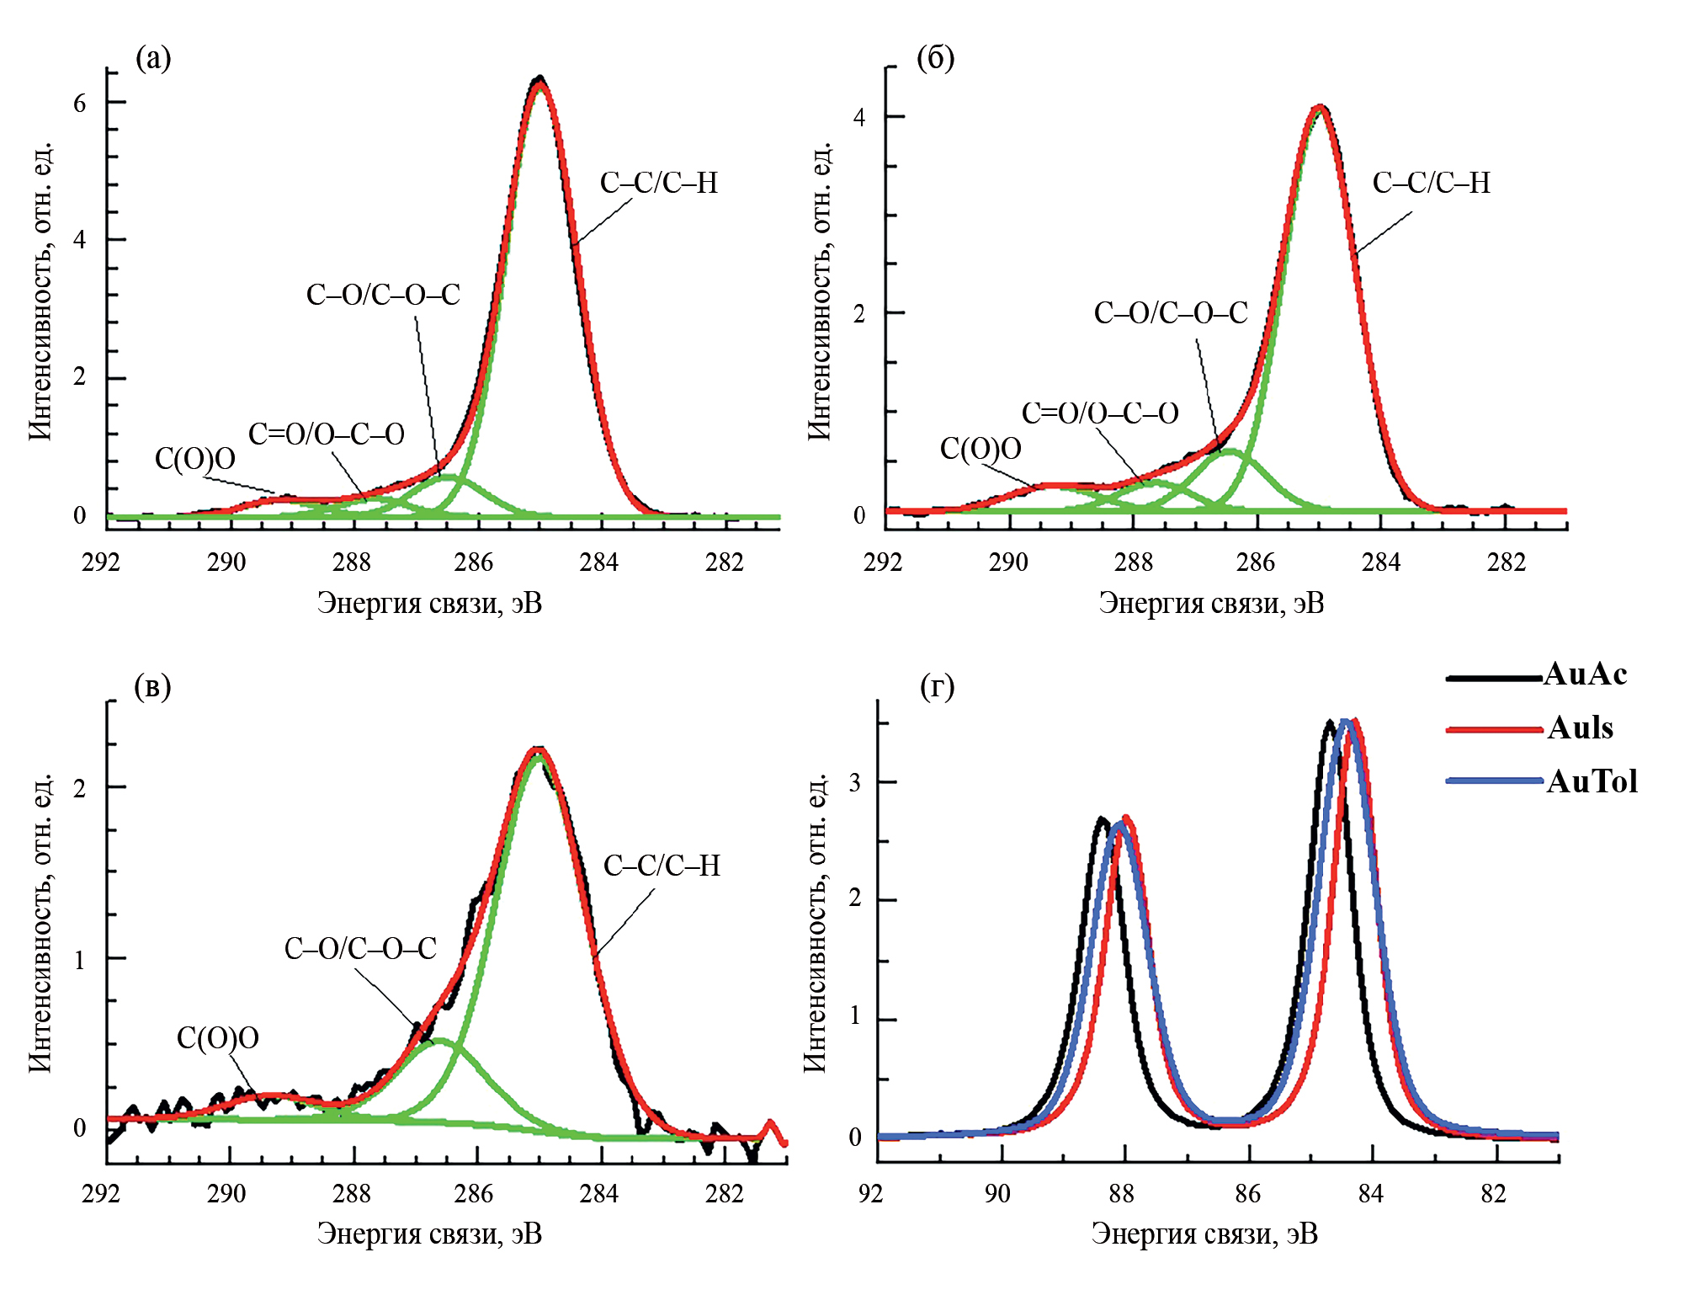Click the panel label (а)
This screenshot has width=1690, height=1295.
153,58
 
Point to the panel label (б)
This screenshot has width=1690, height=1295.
935,58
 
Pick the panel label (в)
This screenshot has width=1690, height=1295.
152,687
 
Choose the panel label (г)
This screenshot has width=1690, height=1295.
937,687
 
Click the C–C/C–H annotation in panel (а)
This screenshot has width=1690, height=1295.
658,183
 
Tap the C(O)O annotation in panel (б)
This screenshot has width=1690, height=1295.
981,449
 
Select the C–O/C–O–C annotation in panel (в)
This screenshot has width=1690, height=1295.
360,949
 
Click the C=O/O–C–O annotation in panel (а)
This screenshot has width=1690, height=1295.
326,434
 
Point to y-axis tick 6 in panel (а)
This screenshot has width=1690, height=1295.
80,103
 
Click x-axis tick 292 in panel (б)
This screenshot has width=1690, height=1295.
883,562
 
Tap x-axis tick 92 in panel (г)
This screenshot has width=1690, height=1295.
871,1193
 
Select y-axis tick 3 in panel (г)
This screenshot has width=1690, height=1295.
855,782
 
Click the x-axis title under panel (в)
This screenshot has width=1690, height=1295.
429,1234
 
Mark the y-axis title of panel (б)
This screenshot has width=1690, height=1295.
819,290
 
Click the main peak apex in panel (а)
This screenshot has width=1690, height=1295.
539,79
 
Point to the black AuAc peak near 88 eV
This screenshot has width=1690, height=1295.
1100,819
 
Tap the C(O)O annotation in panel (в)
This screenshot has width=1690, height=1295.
217,1038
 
